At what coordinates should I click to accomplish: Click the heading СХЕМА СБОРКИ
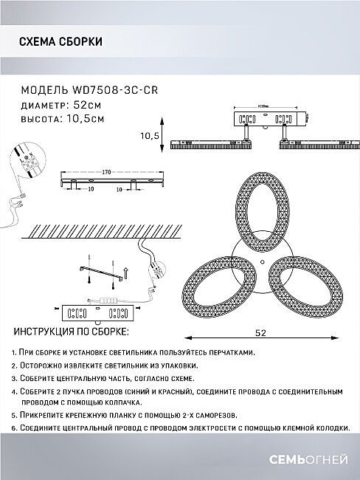click(60, 42)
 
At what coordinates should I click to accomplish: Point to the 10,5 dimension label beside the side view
click(150, 135)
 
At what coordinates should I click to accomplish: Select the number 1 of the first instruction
click(15, 354)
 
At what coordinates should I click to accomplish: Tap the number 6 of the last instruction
click(15, 427)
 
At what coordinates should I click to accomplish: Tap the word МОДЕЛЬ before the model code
click(44, 90)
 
